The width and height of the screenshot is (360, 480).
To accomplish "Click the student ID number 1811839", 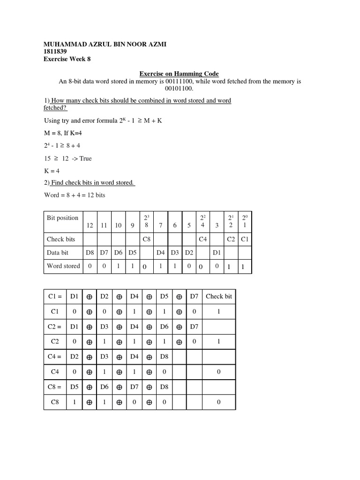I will (55, 52).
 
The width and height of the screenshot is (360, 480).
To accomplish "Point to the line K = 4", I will (52, 171).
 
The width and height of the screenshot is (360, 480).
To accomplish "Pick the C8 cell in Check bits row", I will (146, 239).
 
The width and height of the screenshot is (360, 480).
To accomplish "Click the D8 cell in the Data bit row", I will (90, 253).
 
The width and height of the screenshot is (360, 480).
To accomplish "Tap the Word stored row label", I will (63, 266).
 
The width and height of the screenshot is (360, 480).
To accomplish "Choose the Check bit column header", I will (218, 296).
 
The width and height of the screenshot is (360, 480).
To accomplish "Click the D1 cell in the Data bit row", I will (217, 253).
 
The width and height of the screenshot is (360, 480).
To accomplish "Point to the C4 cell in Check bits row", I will (202, 239).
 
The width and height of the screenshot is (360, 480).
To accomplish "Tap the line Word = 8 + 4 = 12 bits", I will (75, 195).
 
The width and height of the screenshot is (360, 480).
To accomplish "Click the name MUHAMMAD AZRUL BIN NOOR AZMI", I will (105, 44).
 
